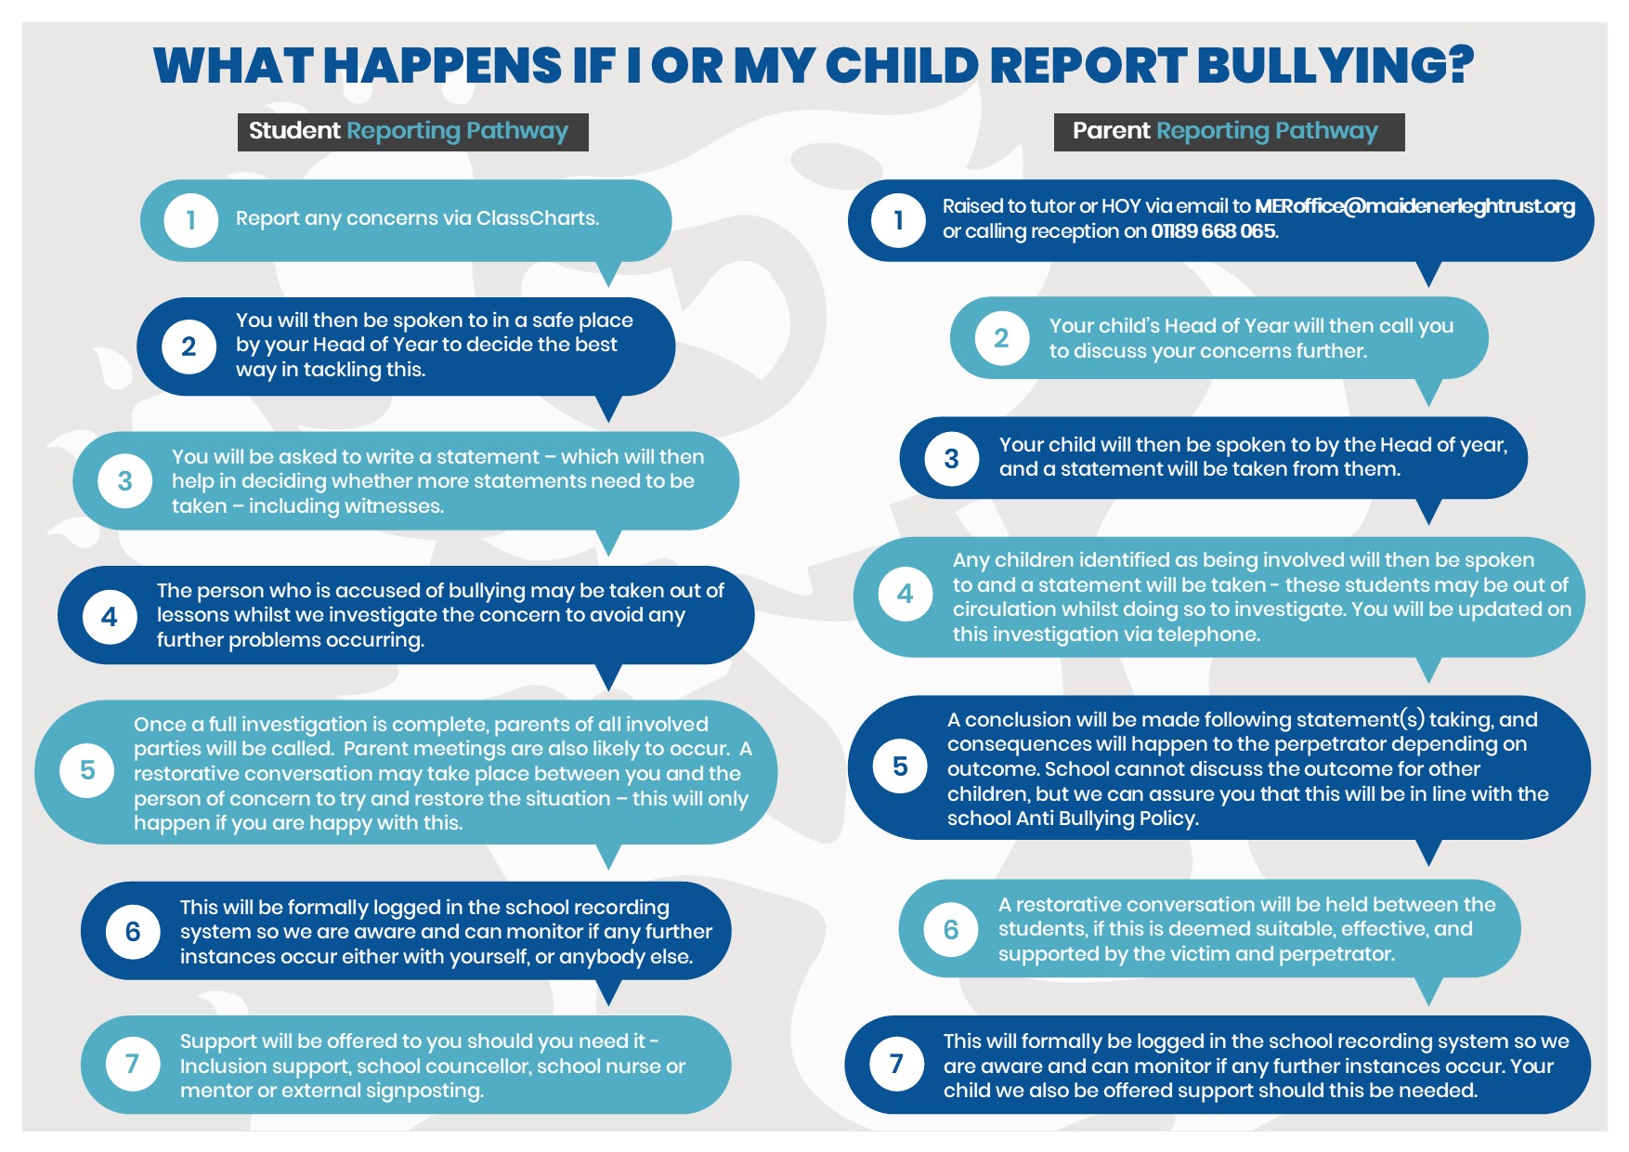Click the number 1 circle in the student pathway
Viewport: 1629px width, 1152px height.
point(190,220)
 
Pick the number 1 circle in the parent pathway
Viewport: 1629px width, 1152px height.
point(898,220)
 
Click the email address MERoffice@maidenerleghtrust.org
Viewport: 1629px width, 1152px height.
point(1414,206)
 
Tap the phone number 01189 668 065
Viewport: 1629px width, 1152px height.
point(1214,231)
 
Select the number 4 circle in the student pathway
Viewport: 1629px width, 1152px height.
point(110,616)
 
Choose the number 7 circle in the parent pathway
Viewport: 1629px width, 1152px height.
point(896,1064)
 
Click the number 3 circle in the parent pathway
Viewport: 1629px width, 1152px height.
point(951,458)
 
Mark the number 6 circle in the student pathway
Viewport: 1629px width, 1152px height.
point(133,931)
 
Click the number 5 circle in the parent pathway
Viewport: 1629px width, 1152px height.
point(900,766)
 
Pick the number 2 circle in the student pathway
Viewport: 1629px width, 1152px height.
point(189,347)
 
